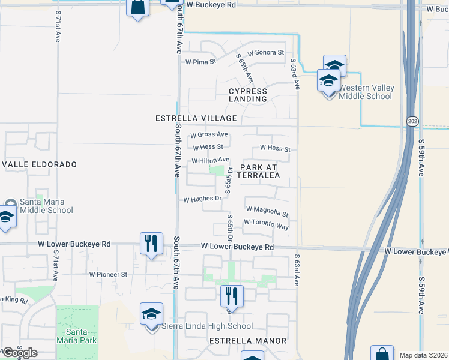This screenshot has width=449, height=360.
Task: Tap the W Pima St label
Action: point(200,62)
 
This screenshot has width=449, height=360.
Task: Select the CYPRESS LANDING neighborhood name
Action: point(248,95)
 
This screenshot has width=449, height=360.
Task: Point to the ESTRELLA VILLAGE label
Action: point(195,118)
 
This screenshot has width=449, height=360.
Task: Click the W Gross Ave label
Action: point(209,134)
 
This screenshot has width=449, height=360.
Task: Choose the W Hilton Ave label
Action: point(211,160)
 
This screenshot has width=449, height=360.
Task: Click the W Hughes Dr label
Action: point(203,199)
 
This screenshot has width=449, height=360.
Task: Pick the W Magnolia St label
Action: point(267,211)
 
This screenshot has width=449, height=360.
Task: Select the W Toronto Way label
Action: point(266,224)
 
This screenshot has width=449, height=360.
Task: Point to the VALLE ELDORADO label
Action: point(40,164)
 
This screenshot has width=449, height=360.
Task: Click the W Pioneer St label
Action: point(109,274)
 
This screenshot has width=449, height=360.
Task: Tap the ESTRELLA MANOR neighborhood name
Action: point(247,341)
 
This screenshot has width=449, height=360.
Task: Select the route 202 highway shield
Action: point(412,121)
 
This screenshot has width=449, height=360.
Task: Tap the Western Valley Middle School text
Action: point(366,92)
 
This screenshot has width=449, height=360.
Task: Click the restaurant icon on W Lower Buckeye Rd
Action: point(150,243)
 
